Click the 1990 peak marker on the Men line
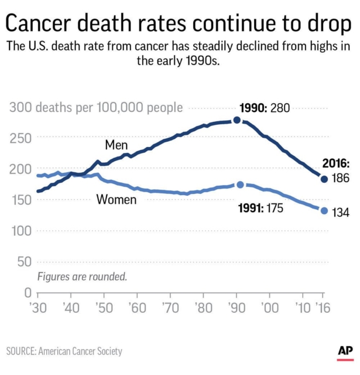(236, 120)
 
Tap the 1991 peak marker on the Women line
(240, 185)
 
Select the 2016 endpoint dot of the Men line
(324, 179)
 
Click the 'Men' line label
(117, 144)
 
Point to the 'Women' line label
(116, 200)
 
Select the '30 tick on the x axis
(37, 308)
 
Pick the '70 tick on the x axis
(170, 308)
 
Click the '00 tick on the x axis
(269, 308)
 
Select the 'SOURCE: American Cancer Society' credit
(64, 351)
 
